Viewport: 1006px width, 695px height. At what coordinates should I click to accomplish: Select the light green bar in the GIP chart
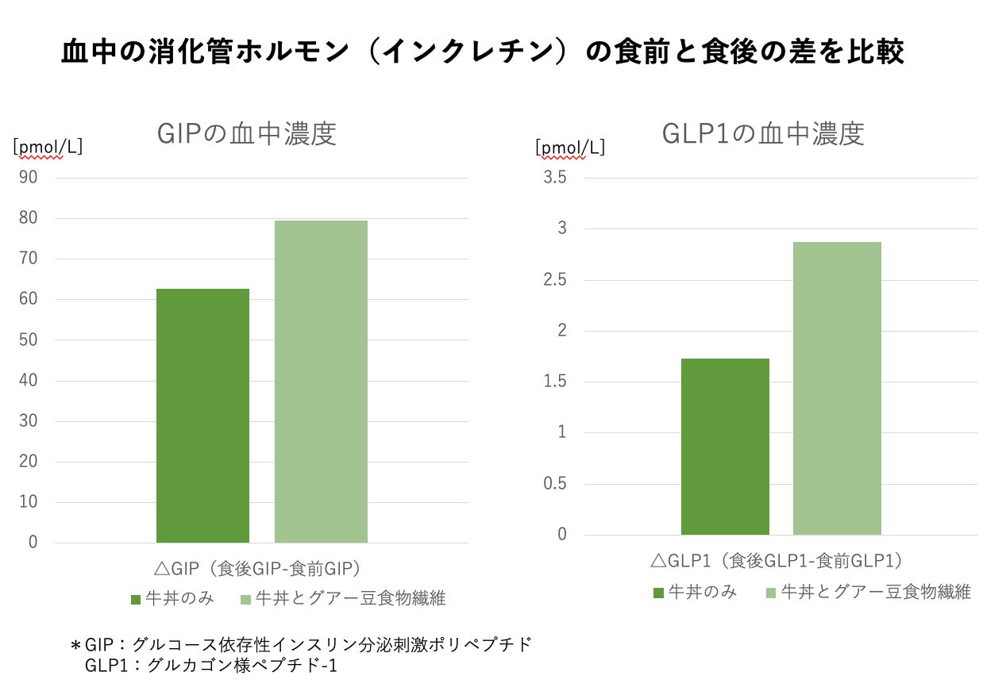click(321, 382)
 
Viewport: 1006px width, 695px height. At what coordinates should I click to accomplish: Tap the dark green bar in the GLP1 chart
click(725, 447)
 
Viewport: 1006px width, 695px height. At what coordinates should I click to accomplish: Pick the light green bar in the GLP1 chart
click(837, 388)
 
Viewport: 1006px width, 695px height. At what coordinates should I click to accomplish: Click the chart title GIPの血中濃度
click(247, 134)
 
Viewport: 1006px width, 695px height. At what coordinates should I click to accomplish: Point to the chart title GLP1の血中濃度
click(763, 134)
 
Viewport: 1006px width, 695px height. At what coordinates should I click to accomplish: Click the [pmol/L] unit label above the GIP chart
click(48, 147)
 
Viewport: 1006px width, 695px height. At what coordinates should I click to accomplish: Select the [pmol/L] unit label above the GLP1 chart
click(570, 147)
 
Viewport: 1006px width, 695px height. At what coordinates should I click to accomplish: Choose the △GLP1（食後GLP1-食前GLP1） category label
click(777, 561)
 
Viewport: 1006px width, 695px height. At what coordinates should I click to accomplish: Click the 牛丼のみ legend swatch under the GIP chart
click(136, 599)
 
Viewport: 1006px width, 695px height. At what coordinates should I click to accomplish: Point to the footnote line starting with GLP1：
click(211, 665)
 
